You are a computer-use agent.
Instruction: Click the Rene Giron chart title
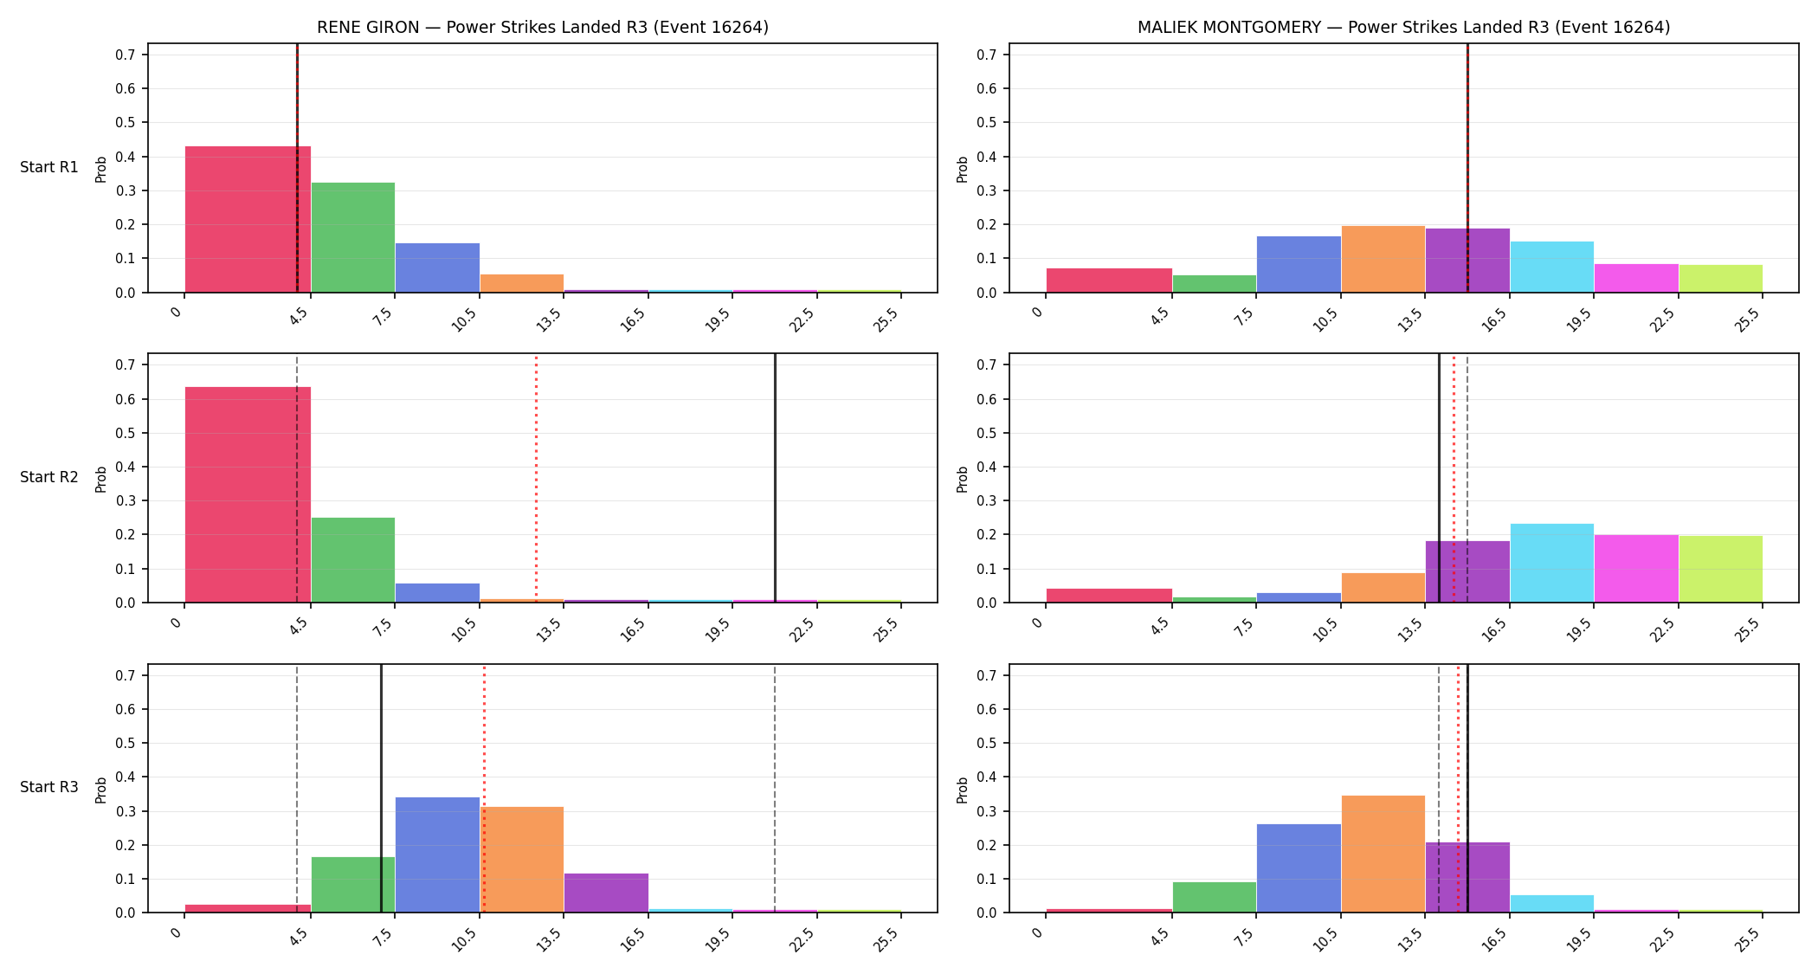(543, 27)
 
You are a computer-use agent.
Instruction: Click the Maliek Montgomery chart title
(1403, 27)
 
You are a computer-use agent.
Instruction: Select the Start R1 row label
(49, 167)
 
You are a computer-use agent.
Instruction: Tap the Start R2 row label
(49, 477)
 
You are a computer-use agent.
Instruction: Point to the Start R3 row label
(49, 787)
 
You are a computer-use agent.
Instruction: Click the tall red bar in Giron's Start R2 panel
(248, 494)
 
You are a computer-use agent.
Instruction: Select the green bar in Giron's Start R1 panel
(353, 237)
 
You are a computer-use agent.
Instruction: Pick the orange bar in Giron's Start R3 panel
(522, 860)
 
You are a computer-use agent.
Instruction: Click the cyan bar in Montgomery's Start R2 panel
(1551, 563)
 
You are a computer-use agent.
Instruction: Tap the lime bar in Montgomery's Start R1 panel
(1720, 279)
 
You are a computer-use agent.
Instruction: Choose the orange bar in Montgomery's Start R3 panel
(1383, 854)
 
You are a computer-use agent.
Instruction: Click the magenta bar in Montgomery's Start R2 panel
(1636, 569)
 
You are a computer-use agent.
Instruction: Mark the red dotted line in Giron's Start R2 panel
(536, 478)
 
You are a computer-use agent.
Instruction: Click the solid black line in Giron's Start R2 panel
(775, 478)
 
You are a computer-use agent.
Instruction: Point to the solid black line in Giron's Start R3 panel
(381, 788)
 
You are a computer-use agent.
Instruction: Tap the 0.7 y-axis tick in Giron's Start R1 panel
(126, 55)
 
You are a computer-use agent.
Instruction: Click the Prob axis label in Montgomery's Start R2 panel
(962, 479)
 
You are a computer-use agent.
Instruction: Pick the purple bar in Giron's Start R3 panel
(606, 893)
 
